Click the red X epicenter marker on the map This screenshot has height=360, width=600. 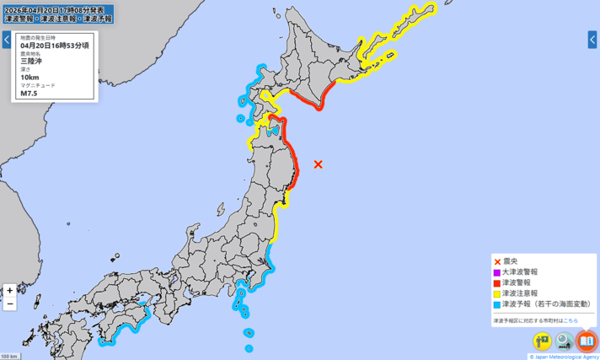[x=319, y=164]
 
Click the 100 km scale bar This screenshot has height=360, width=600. [x=9, y=356]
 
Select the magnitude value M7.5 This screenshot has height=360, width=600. [x=29, y=94]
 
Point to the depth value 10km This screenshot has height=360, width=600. [x=29, y=78]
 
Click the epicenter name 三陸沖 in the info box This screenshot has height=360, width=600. [x=30, y=62]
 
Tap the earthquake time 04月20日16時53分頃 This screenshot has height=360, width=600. [x=56, y=46]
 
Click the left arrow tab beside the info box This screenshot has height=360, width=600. [x=6, y=40]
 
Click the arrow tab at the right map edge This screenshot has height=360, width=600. [x=592, y=40]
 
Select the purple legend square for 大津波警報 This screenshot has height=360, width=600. [x=497, y=272]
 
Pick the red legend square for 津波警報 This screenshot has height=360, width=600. [x=497, y=282]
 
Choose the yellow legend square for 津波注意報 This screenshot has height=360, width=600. [x=497, y=293]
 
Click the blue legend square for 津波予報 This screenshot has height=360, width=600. [x=497, y=304]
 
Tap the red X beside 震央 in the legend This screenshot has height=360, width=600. [x=497, y=261]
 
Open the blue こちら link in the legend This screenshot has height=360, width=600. [x=571, y=321]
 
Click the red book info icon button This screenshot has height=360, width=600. [x=587, y=341]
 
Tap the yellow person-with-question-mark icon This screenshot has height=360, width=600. [x=542, y=341]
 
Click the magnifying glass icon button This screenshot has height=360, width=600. [x=564, y=341]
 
